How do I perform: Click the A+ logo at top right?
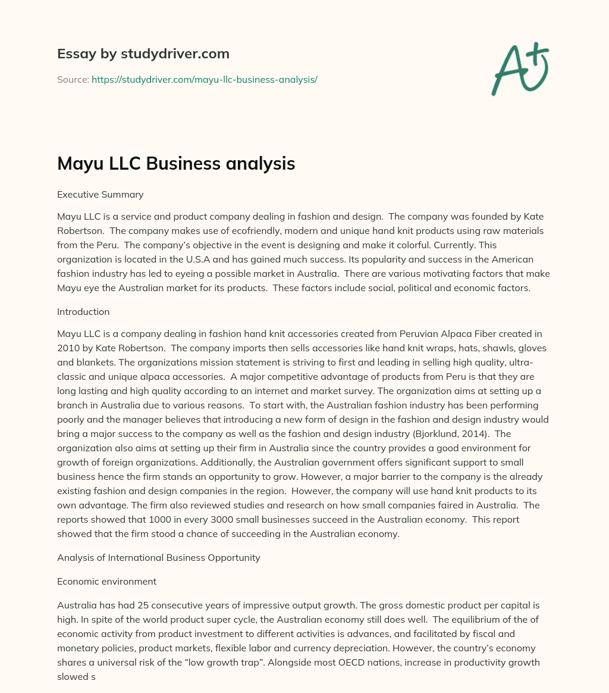tap(520, 68)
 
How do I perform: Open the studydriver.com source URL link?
tap(204, 79)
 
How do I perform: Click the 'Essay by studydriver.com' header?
tap(143, 54)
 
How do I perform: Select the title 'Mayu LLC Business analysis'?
tap(176, 163)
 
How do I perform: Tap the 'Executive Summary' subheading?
tap(100, 194)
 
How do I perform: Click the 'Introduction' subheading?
tap(83, 311)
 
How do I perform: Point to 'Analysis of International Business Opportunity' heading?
tap(158, 558)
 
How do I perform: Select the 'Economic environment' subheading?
tap(106, 581)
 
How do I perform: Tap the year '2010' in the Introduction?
tap(68, 348)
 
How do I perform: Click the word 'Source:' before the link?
tap(73, 79)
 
